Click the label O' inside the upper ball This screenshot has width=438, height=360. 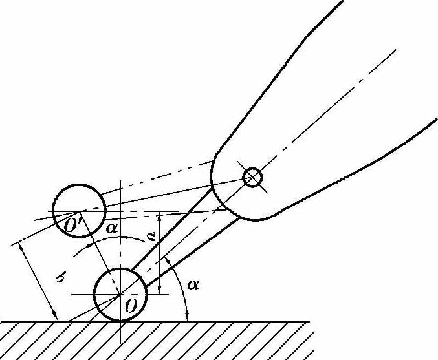pos(72,225)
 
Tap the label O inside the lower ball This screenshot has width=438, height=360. pos(131,306)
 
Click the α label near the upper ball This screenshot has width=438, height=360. pos(112,228)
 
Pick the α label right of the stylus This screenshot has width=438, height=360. pos(193,284)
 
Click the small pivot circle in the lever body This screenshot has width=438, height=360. pos(252,177)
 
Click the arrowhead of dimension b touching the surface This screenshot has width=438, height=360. pos(55,317)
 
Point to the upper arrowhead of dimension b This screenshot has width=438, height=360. pos(21,248)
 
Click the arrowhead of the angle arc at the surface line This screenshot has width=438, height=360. pos(187,317)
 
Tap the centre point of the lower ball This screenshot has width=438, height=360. pos(120,295)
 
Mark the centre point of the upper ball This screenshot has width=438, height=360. pos(80,211)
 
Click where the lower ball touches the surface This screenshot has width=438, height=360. pos(120,321)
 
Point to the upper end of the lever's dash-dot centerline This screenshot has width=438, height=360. pos(396,50)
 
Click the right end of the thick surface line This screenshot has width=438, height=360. pos(309,321)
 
